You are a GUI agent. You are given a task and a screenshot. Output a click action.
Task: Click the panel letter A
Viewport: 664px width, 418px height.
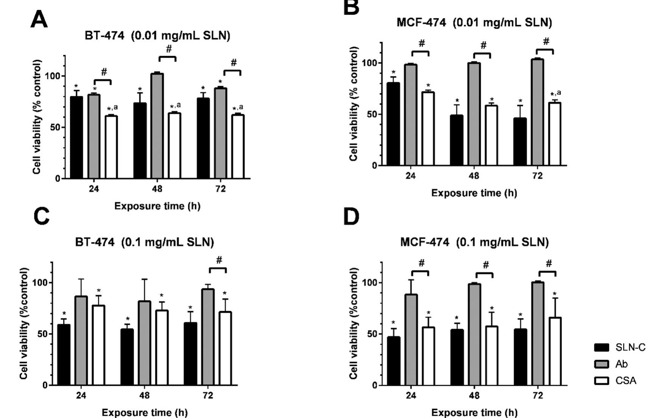click(39, 20)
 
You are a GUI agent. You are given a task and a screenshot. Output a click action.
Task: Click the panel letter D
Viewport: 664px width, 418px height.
click(351, 217)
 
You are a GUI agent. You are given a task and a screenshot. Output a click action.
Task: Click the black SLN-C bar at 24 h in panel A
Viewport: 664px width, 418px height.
click(76, 138)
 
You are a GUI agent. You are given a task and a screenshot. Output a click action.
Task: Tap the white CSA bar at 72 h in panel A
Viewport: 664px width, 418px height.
click(238, 147)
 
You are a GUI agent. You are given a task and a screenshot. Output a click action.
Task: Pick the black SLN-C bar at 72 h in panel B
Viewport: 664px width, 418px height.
click(520, 142)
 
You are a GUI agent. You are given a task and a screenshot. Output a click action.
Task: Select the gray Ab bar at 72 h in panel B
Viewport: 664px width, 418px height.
click(537, 112)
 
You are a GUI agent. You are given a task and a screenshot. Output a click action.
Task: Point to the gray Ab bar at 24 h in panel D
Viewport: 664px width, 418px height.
click(411, 339)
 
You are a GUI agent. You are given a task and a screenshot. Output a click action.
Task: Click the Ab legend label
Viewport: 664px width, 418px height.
click(621, 364)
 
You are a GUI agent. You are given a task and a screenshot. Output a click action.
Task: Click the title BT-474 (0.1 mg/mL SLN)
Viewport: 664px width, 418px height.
click(144, 242)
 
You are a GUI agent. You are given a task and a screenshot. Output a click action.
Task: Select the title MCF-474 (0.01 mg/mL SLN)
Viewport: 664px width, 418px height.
click(474, 23)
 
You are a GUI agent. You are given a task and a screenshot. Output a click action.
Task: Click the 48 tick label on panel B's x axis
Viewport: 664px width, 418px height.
click(474, 176)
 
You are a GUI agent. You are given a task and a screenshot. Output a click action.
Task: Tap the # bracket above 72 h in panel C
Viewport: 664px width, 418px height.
click(218, 269)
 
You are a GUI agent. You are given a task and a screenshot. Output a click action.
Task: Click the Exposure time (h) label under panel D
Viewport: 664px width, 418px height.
click(474, 412)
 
